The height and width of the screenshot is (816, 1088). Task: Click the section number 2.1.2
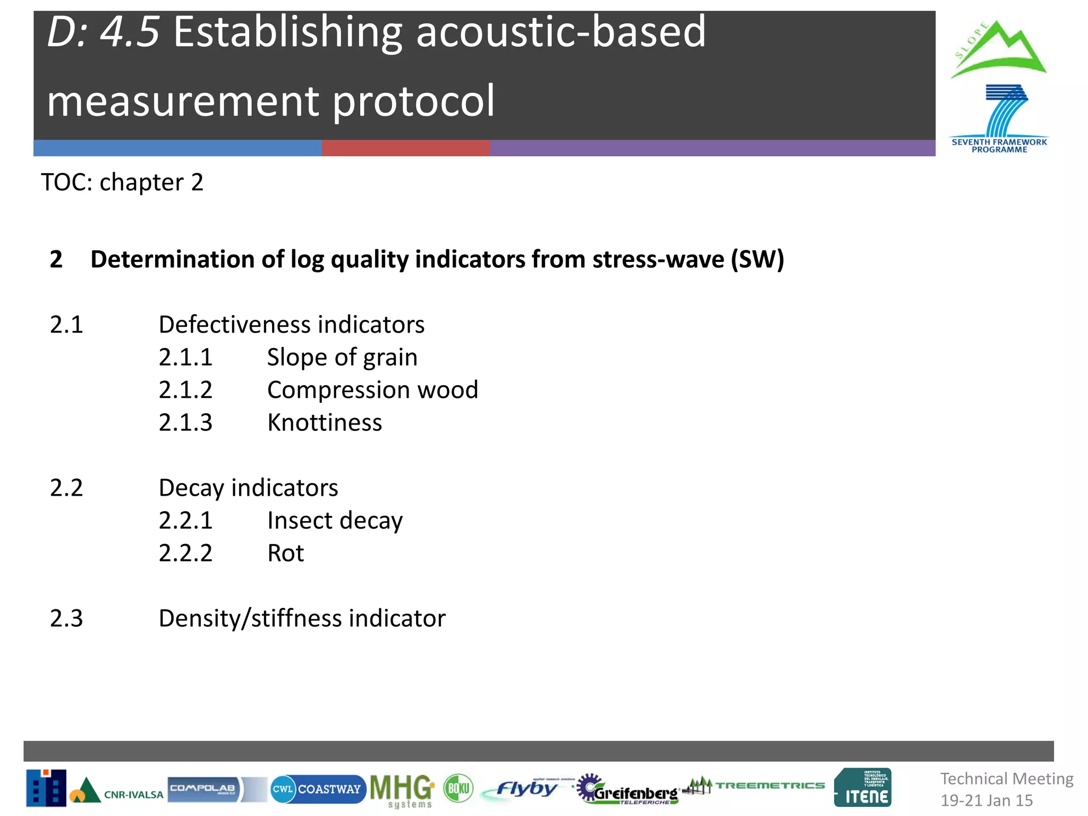[x=185, y=390]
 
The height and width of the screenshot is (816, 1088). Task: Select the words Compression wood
[x=372, y=390]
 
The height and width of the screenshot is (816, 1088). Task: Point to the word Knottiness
[x=325, y=423]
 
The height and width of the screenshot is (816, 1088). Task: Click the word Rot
[x=286, y=554]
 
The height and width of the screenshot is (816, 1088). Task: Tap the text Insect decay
[x=335, y=521]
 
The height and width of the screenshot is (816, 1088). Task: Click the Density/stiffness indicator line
[x=302, y=618]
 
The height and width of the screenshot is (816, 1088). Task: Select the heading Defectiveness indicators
[x=292, y=325]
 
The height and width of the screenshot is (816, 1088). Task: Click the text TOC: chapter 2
[x=122, y=182]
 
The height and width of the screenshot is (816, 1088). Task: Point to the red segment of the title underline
[x=405, y=148]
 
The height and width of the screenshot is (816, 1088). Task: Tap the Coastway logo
[x=318, y=789]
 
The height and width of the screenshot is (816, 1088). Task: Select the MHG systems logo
[x=402, y=790]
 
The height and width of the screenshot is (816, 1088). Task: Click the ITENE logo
[x=863, y=788]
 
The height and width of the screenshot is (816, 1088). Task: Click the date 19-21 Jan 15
[x=987, y=800]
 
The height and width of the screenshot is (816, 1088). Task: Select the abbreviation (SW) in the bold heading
[x=757, y=260]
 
